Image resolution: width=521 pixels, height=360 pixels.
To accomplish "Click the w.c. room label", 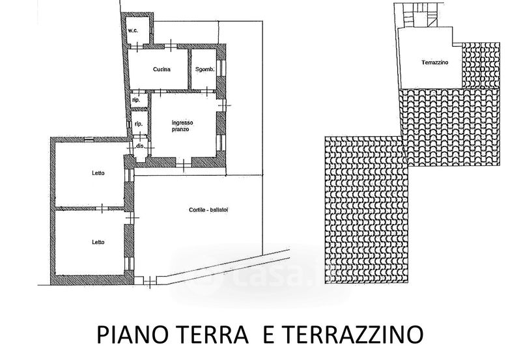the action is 134,31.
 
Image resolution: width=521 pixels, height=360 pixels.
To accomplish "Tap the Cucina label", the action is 162,70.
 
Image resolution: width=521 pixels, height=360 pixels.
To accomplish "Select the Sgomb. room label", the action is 205,70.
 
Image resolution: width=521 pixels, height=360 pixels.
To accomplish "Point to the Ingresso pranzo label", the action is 182,126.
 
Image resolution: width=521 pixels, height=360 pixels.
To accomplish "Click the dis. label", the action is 140,146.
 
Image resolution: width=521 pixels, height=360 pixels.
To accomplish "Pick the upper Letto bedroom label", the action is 98,173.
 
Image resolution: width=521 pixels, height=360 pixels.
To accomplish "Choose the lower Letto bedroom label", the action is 98,242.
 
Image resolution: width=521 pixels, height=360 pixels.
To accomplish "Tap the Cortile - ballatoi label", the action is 208,210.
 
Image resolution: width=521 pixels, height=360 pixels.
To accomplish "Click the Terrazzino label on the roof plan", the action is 435,62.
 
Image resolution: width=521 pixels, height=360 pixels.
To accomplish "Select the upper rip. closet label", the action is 136,100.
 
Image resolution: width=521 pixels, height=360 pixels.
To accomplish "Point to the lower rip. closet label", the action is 139,124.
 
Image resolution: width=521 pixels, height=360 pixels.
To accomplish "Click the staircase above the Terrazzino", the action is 419,15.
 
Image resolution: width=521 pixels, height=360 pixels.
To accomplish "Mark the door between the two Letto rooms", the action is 102,208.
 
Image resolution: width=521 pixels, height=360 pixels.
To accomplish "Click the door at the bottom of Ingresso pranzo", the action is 184,163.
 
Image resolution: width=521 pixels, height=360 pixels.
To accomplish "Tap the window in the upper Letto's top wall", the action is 89,139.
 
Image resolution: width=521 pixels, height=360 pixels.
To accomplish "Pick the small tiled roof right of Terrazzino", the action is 481,65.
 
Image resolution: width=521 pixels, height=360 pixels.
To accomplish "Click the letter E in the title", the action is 269,335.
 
